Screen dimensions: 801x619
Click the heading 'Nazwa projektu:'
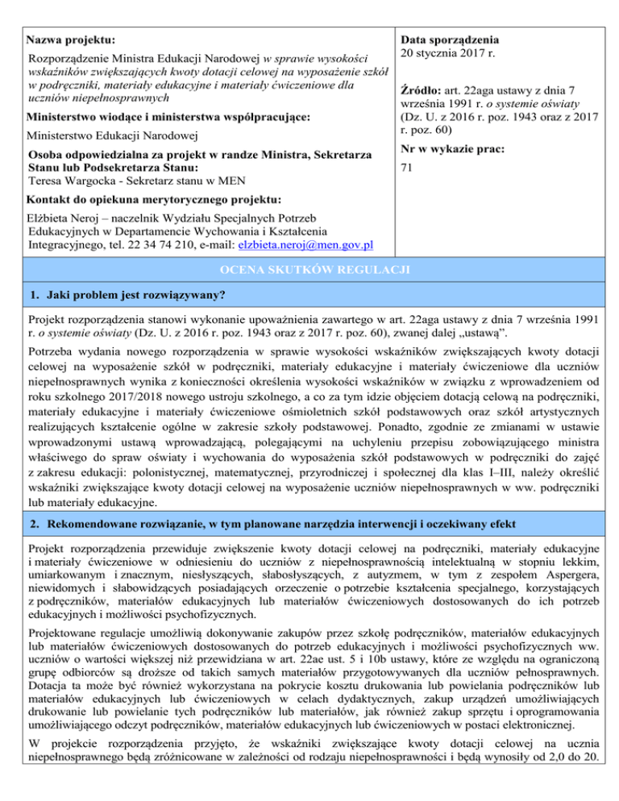(x=70, y=39)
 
